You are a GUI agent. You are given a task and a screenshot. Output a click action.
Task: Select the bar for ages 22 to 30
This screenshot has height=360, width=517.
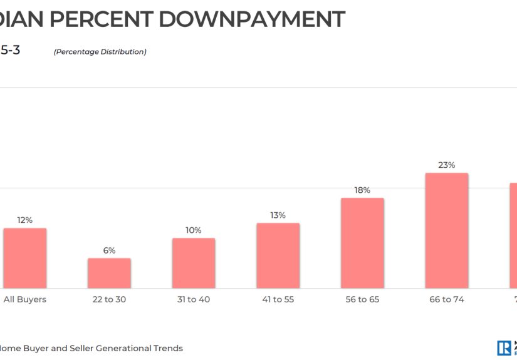tap(109, 273)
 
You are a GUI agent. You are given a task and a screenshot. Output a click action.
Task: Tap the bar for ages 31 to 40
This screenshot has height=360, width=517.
tap(194, 263)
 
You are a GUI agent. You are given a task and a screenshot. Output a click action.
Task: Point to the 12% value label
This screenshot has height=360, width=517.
tap(25, 220)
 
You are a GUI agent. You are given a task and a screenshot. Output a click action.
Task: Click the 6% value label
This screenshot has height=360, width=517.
tap(109, 250)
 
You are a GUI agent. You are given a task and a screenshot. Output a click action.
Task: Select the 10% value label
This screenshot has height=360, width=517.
tap(194, 230)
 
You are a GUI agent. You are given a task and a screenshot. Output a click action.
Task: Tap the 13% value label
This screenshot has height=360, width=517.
tap(278, 215)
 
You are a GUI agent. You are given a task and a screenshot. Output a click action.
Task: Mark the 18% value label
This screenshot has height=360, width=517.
tap(362, 190)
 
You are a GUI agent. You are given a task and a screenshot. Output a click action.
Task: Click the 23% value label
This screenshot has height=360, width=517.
tap(447, 165)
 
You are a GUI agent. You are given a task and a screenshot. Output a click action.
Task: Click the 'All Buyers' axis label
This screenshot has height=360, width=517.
tap(25, 299)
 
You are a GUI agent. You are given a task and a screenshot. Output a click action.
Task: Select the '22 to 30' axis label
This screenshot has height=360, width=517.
tap(109, 299)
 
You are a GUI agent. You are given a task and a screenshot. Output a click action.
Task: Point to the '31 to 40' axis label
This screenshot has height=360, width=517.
tap(194, 299)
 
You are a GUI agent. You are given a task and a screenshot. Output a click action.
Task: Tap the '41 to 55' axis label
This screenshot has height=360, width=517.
tap(278, 299)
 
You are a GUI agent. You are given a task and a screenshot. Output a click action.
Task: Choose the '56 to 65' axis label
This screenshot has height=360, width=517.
tap(362, 299)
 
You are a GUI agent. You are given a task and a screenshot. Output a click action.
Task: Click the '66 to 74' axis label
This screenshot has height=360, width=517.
tap(447, 299)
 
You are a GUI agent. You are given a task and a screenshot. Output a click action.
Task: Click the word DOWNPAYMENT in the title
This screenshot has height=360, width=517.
tap(251, 19)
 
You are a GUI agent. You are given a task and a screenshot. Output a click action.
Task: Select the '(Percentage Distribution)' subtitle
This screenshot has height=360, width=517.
tap(100, 52)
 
